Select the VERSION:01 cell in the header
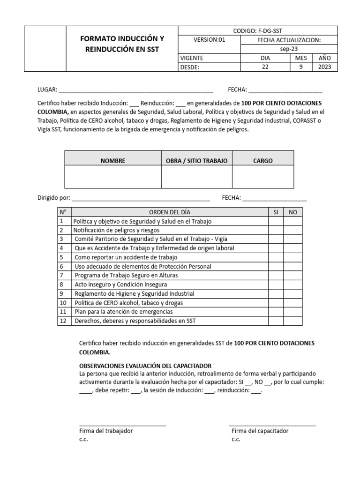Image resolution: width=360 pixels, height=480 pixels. [x=210, y=40]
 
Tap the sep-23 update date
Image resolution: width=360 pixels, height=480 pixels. [x=289, y=49]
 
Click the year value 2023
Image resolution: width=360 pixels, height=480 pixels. [x=324, y=67]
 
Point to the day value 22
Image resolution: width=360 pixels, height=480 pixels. [x=265, y=67]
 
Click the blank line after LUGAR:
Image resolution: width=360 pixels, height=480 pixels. [x=136, y=90]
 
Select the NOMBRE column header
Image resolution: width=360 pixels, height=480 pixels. [x=113, y=161]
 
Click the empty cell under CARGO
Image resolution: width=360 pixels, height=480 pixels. [x=262, y=177]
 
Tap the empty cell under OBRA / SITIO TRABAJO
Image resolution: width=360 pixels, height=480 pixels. [x=196, y=177]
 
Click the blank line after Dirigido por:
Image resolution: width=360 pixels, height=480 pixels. [x=141, y=198]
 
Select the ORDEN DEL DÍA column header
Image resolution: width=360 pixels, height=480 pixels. [x=170, y=212]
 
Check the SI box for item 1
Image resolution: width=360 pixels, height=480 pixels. [x=276, y=221]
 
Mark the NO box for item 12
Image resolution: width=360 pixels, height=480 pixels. [x=293, y=321]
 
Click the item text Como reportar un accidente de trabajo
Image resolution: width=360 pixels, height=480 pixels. [x=126, y=257]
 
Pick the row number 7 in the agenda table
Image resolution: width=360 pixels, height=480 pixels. [x=61, y=276]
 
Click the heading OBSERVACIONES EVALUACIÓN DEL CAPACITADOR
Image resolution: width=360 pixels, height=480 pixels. [x=146, y=366]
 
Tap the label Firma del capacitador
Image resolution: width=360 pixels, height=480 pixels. [x=260, y=431]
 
